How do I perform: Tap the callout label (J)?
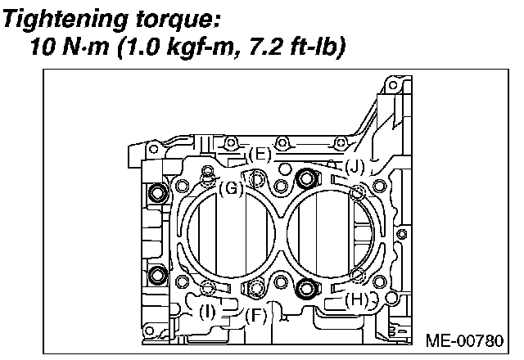coord(354,167)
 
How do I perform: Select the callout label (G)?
coord(232,188)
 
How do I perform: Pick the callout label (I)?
coord(208,311)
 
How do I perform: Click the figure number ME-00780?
coord(467,340)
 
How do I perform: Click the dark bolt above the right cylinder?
coord(308,178)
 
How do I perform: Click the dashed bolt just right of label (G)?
coord(259,180)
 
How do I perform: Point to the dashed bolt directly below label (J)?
coord(356,192)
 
